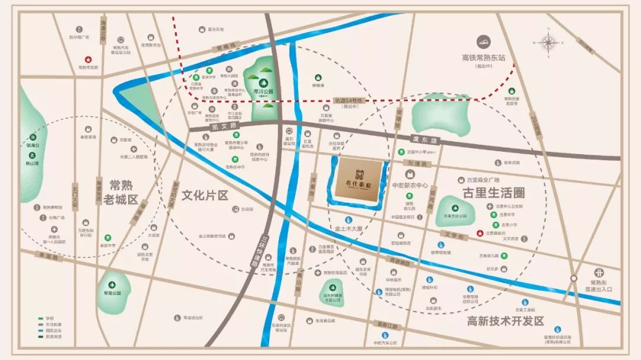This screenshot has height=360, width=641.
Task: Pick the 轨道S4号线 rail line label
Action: pyautogui.click(x=350, y=101)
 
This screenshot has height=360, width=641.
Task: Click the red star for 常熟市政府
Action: pyautogui.click(x=88, y=59)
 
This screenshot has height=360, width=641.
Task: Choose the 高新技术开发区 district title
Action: pyautogui.click(x=505, y=321)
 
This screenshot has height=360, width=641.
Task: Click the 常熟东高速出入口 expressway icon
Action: pyautogui.click(x=573, y=278)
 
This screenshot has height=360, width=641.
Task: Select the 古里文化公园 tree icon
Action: pyautogui.click(x=455, y=208)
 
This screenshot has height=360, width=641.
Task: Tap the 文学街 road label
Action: pyautogui.click(x=453, y=235)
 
